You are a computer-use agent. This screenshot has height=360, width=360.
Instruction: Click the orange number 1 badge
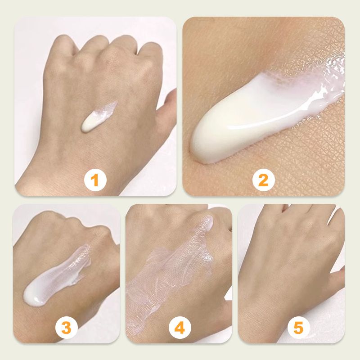95,180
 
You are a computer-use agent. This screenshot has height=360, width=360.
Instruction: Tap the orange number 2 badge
263,180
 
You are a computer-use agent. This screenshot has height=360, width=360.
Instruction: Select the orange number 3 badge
67,328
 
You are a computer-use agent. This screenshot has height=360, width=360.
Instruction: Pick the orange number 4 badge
180,328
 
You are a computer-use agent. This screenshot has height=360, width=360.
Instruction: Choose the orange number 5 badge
299,328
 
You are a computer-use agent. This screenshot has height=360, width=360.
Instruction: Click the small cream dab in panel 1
98,117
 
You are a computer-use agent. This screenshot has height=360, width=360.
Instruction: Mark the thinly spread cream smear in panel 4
170,271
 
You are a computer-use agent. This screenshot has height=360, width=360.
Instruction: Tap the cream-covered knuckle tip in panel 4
208,222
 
